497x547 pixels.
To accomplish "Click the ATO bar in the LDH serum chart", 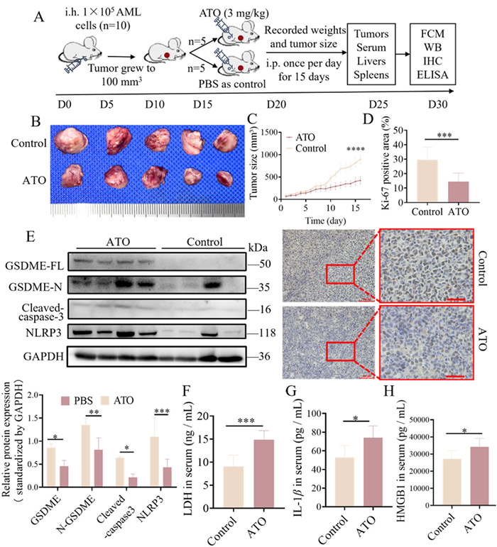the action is coord(264,473).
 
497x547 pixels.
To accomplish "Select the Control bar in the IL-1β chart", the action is coord(344,482).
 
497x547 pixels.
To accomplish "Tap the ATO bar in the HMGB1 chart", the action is coord(479,476).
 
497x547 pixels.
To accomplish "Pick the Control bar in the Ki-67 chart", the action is coord(427,181).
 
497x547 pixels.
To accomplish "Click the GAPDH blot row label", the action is coord(43,357).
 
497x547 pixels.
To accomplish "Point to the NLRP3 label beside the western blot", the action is coord(43,333).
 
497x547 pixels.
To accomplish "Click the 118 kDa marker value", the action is coord(267,333).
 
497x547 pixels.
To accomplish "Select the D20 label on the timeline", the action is coord(276,104).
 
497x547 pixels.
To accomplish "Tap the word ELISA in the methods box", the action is coord(432,74).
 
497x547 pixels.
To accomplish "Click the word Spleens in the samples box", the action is coord(371,74).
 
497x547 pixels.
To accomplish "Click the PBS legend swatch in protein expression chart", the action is coord(65,400).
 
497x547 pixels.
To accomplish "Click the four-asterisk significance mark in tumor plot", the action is coord(355,149).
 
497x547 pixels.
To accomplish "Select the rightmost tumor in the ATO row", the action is coord(224,177).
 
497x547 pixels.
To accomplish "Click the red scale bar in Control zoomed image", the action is coord(455,299).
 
